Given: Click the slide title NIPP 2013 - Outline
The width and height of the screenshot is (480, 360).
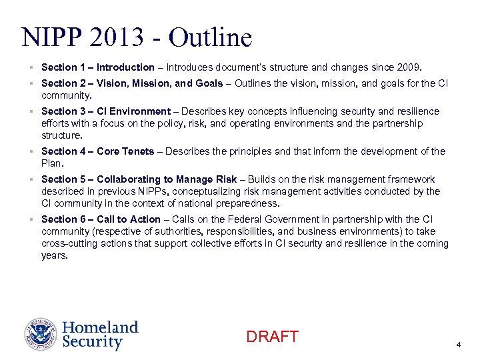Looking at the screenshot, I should (x=137, y=38).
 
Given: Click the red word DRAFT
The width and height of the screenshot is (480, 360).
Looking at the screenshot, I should (x=272, y=337).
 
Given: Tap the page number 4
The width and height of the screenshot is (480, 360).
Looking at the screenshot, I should (x=459, y=345).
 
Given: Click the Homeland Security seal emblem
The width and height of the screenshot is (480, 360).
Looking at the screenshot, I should (x=41, y=335).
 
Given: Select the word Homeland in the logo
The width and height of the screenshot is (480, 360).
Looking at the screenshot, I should (x=100, y=328).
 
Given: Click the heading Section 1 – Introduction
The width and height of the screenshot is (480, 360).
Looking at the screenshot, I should (x=97, y=67).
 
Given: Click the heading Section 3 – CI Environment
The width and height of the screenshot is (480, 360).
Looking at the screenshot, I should (x=106, y=111).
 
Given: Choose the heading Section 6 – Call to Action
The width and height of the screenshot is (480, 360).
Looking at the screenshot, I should (x=101, y=219).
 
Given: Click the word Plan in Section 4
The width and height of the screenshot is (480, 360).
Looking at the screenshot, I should (x=51, y=163).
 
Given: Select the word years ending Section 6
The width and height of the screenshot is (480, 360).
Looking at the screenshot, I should (x=54, y=255).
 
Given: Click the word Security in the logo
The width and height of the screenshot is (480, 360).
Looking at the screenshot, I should (x=93, y=343).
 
